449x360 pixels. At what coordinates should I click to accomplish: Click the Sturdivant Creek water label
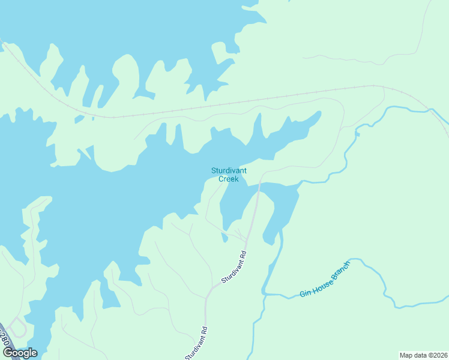pyautogui.click(x=224, y=175)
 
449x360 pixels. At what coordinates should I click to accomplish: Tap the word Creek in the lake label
pyautogui.click(x=228, y=179)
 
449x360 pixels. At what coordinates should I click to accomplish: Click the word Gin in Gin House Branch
pyautogui.click(x=305, y=293)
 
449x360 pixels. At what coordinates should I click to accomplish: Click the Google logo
pyautogui.click(x=20, y=353)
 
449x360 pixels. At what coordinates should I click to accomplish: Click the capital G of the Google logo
pyautogui.click(x=8, y=353)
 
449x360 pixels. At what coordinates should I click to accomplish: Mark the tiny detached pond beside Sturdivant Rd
pyautogui.click(x=224, y=238)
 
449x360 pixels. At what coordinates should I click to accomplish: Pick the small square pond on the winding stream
pyautogui.click(x=357, y=134)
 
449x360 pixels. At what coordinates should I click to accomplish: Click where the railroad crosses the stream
pyautogui.click(x=430, y=110)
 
